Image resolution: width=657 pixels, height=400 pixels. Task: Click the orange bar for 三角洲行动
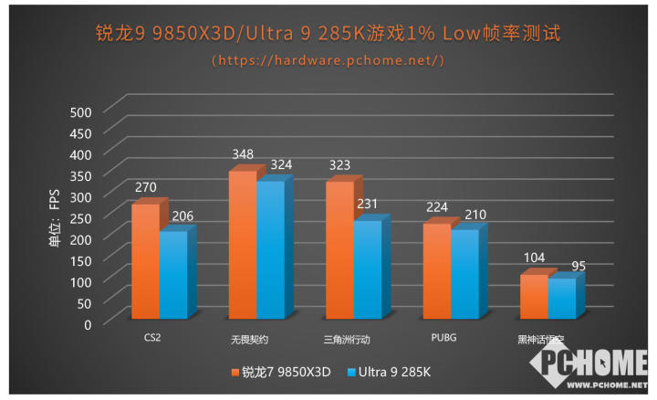click(339, 250)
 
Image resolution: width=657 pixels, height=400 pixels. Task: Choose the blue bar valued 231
click(368, 269)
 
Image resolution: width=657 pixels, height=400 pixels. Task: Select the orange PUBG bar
click(436, 271)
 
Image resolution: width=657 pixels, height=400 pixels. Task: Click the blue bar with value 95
click(562, 299)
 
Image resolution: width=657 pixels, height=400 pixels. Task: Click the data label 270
click(146, 188)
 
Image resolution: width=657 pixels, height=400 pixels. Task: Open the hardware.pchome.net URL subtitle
click(328, 60)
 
